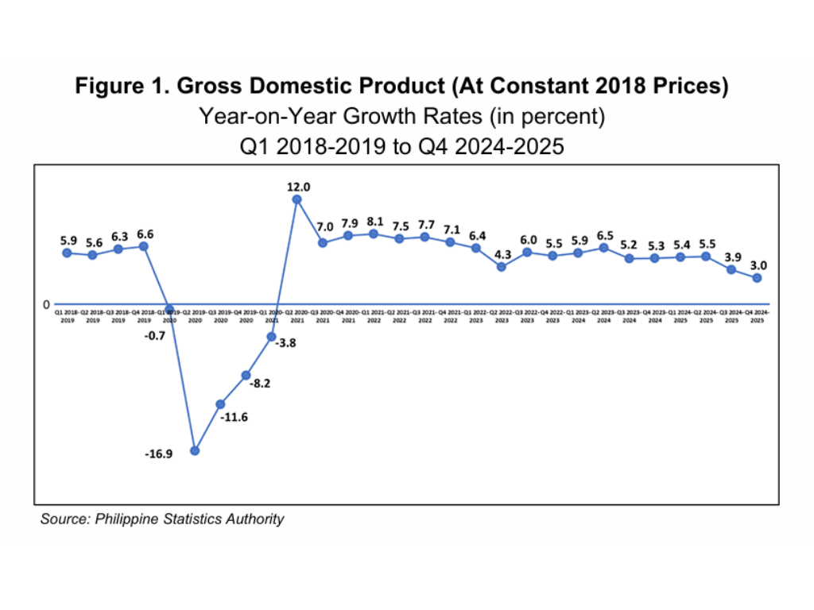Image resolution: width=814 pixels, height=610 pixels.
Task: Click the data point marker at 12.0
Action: point(297,199)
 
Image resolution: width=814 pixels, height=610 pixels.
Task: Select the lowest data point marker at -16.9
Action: point(195,450)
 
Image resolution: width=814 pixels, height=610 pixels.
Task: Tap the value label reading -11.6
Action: point(235,417)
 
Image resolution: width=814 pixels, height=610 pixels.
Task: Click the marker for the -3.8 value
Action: point(272,337)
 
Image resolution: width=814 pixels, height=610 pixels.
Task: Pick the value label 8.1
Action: point(374,222)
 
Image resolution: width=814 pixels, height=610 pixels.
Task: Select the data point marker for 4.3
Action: point(502,267)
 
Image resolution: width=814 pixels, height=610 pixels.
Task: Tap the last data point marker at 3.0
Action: point(758,278)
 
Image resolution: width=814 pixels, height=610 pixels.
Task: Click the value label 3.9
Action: point(732,257)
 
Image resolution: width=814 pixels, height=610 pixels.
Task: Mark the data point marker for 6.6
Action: point(144,246)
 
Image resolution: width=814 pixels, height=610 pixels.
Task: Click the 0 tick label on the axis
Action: point(47,304)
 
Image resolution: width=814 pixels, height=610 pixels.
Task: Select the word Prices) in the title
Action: point(689,87)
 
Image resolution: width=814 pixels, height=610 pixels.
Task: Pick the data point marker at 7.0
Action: point(323,242)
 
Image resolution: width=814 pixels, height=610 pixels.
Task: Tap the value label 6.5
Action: point(604,236)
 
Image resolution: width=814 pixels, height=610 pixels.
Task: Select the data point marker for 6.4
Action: point(476,248)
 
